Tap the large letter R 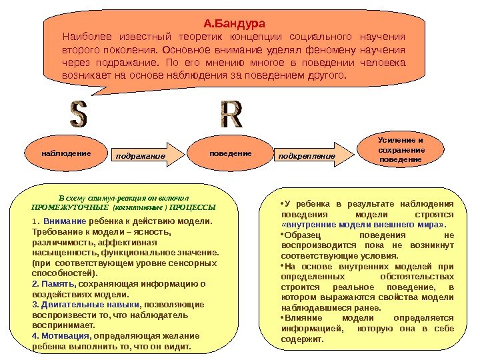231,115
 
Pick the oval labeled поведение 230,153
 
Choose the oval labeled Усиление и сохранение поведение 400,151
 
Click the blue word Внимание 65,221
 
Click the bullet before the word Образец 283,235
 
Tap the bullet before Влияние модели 283,318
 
